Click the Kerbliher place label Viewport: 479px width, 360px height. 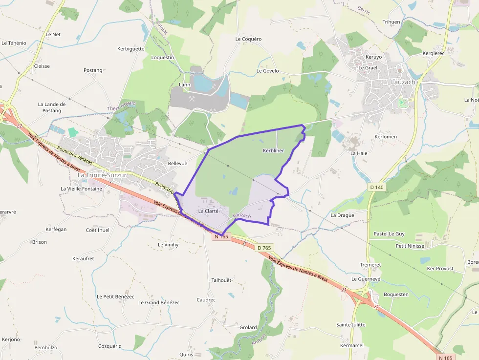[273, 150]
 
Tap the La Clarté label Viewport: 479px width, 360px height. [208, 211]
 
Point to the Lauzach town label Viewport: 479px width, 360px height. [403, 82]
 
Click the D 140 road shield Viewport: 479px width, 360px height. [377, 187]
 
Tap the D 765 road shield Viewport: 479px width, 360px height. [264, 248]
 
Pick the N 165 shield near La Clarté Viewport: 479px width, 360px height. [221, 236]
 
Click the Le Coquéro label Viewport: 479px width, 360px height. [248, 39]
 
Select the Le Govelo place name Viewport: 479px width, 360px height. [267, 71]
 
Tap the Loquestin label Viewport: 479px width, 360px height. [163, 57]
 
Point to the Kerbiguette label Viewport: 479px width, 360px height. [131, 49]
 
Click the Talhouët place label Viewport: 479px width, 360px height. [221, 280]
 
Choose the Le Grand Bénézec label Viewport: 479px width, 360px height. [159, 302]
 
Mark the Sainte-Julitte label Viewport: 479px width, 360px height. [350, 324]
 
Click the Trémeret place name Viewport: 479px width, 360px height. [370, 265]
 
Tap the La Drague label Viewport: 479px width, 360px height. [342, 215]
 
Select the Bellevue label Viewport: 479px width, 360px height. [177, 163]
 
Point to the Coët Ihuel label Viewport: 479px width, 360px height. [98, 230]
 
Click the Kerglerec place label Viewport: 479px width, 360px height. [433, 53]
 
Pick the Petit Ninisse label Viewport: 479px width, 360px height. [410, 246]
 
